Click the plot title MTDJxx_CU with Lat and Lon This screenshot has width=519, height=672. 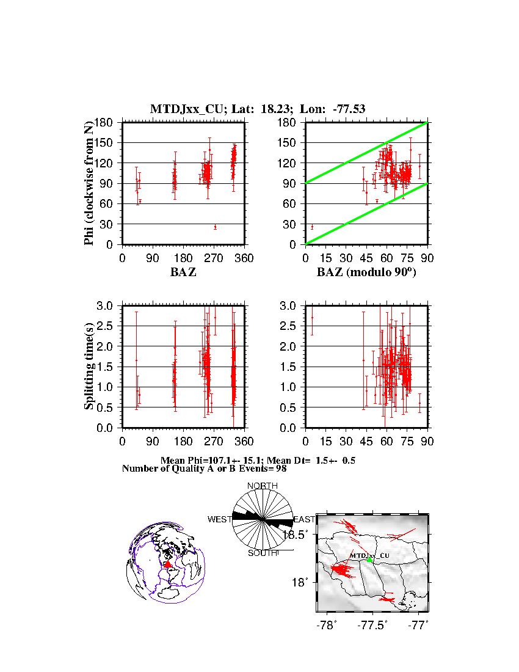[x=258, y=109]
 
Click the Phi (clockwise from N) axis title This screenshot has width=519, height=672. [x=90, y=183]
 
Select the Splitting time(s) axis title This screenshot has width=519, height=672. [x=90, y=367]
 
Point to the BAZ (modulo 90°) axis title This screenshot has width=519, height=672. [x=366, y=272]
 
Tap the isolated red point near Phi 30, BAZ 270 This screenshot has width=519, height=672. [x=215, y=227]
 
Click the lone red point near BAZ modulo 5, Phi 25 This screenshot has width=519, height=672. [x=312, y=227]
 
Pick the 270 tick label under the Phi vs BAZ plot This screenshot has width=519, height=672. [x=214, y=258]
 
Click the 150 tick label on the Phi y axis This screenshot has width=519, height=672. [x=107, y=142]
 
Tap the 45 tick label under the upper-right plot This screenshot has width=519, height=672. [x=366, y=258]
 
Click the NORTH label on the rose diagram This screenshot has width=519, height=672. [x=263, y=486]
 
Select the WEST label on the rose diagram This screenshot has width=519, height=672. [x=220, y=519]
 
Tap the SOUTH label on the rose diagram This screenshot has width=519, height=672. [x=263, y=553]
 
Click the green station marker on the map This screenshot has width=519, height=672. [x=370, y=560]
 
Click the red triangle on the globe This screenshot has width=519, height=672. [x=168, y=565]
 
